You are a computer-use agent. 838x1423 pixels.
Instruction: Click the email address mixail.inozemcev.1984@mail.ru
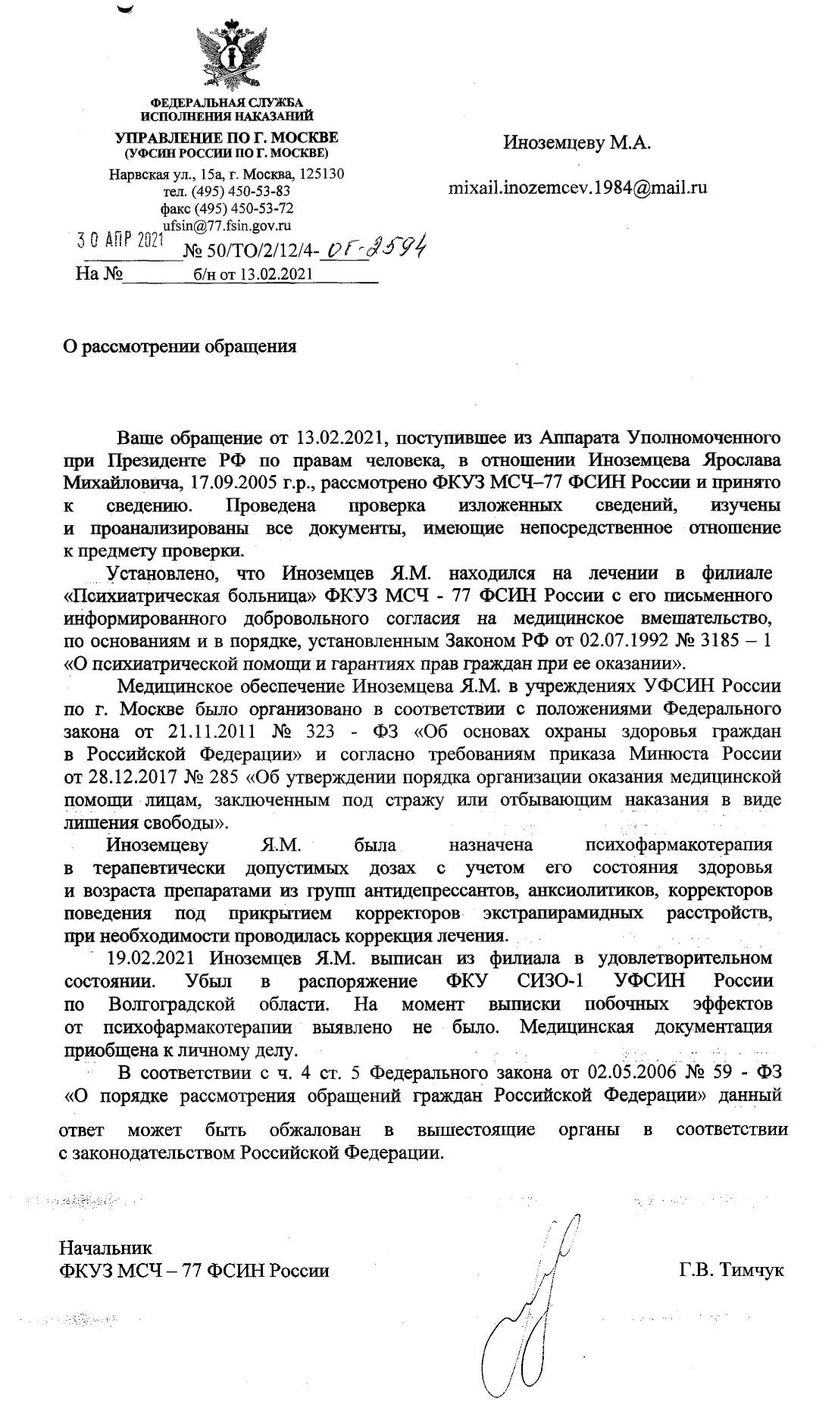pyautogui.click(x=577, y=187)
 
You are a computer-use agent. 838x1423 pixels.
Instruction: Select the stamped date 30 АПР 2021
pyautogui.click(x=121, y=240)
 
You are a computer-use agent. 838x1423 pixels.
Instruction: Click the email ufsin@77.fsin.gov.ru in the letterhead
pyautogui.click(x=227, y=225)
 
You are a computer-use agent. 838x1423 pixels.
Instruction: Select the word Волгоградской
pyautogui.click(x=172, y=1004)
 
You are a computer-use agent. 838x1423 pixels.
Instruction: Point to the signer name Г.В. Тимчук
pyautogui.click(x=731, y=1269)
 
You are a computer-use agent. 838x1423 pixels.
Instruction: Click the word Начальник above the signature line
pyautogui.click(x=105, y=1247)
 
